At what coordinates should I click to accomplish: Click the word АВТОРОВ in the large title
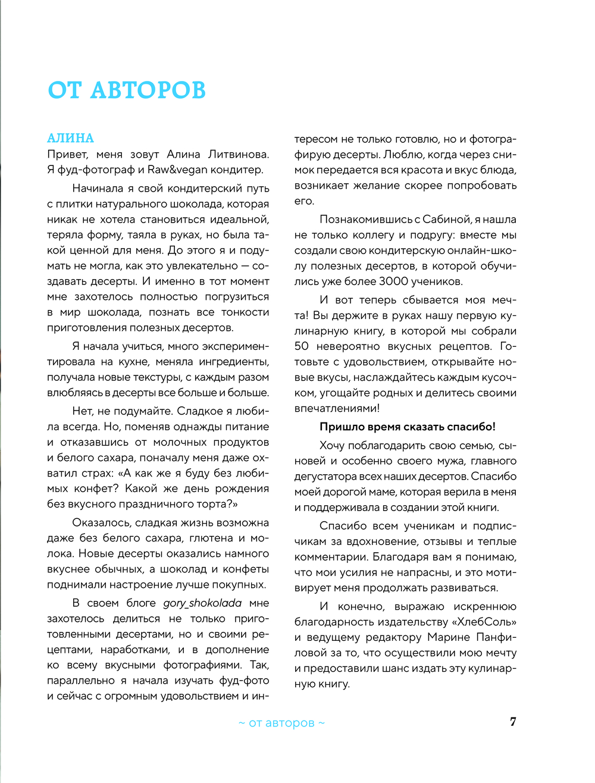pos(148,90)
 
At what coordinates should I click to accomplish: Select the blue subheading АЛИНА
pos(70,138)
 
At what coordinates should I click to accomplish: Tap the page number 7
pos(513,722)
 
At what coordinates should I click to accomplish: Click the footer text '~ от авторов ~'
pos(281,723)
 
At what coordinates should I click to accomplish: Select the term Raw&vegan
pos(177,170)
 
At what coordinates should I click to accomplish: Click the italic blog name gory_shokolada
pos(202,603)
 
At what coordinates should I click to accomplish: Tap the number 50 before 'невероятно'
pos(302,346)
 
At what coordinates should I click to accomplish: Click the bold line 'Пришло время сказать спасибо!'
pos(408,427)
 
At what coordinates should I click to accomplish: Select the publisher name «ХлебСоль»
pos(484,622)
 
